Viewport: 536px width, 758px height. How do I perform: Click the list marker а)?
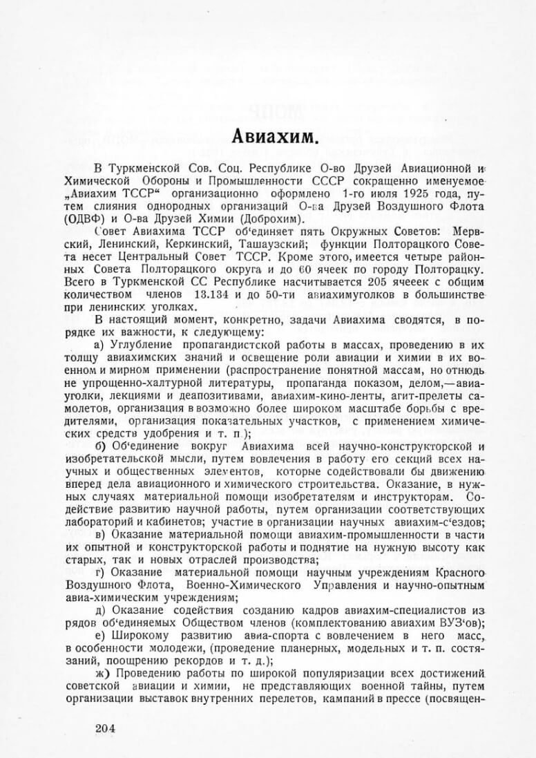pos(99,343)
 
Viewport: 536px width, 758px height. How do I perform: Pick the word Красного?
pos(438,573)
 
